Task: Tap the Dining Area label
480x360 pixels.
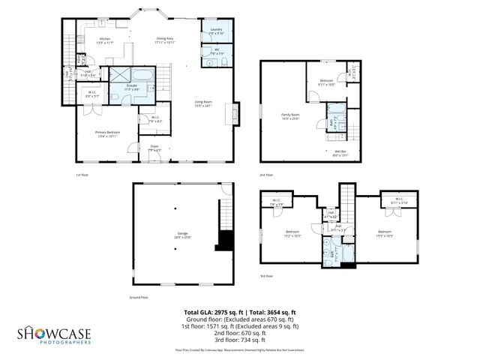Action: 165,40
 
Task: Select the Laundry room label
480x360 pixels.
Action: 216,31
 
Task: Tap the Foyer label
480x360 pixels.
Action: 154,148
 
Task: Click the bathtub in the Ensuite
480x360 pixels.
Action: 142,76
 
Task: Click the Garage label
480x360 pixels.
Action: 182,235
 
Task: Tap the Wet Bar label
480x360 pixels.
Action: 340,153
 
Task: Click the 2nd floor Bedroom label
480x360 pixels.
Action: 325,82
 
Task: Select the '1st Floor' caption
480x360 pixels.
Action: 83,175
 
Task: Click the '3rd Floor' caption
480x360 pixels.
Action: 266,277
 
